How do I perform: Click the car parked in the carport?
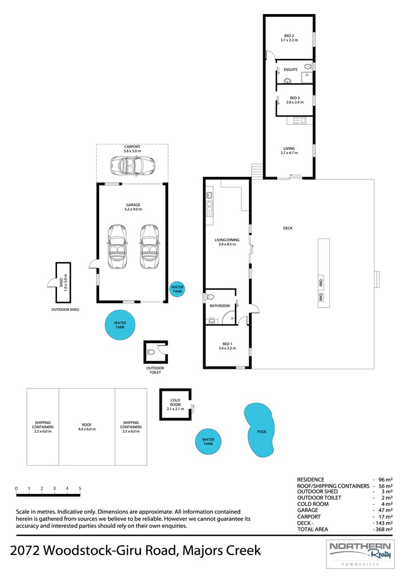[132, 165]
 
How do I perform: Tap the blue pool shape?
[260, 429]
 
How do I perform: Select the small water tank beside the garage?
[177, 289]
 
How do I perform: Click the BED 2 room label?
[289, 38]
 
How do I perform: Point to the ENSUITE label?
[290, 70]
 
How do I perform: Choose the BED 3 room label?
[295, 100]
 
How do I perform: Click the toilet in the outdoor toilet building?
[150, 352]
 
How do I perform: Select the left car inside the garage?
[117, 246]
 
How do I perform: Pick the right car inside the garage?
[149, 246]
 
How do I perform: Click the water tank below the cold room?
[208, 442]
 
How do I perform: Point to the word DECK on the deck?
[287, 228]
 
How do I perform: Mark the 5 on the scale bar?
[80, 488]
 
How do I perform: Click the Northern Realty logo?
[360, 554]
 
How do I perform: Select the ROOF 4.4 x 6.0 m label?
[87, 427]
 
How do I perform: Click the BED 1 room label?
[227, 346]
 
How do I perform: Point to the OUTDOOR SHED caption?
[65, 310]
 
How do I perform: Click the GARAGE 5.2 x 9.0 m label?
[133, 207]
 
